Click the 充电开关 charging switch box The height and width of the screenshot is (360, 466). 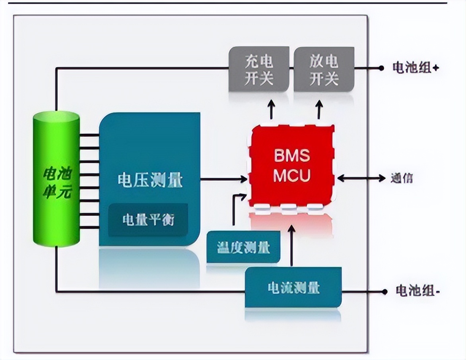259,69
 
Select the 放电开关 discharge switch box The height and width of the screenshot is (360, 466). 324,69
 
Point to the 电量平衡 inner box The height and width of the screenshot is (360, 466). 148,220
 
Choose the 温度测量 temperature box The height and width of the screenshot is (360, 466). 243,248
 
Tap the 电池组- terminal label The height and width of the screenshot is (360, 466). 417,291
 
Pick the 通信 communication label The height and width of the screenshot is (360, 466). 401,178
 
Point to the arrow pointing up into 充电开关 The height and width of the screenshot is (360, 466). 272,109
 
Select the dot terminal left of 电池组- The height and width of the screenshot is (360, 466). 384,292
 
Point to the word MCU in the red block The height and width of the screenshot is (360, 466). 291,176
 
